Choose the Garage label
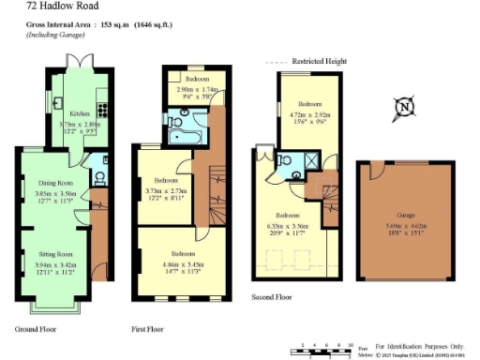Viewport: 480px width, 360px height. pos(404,214)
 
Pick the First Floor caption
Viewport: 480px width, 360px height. pos(148,330)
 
